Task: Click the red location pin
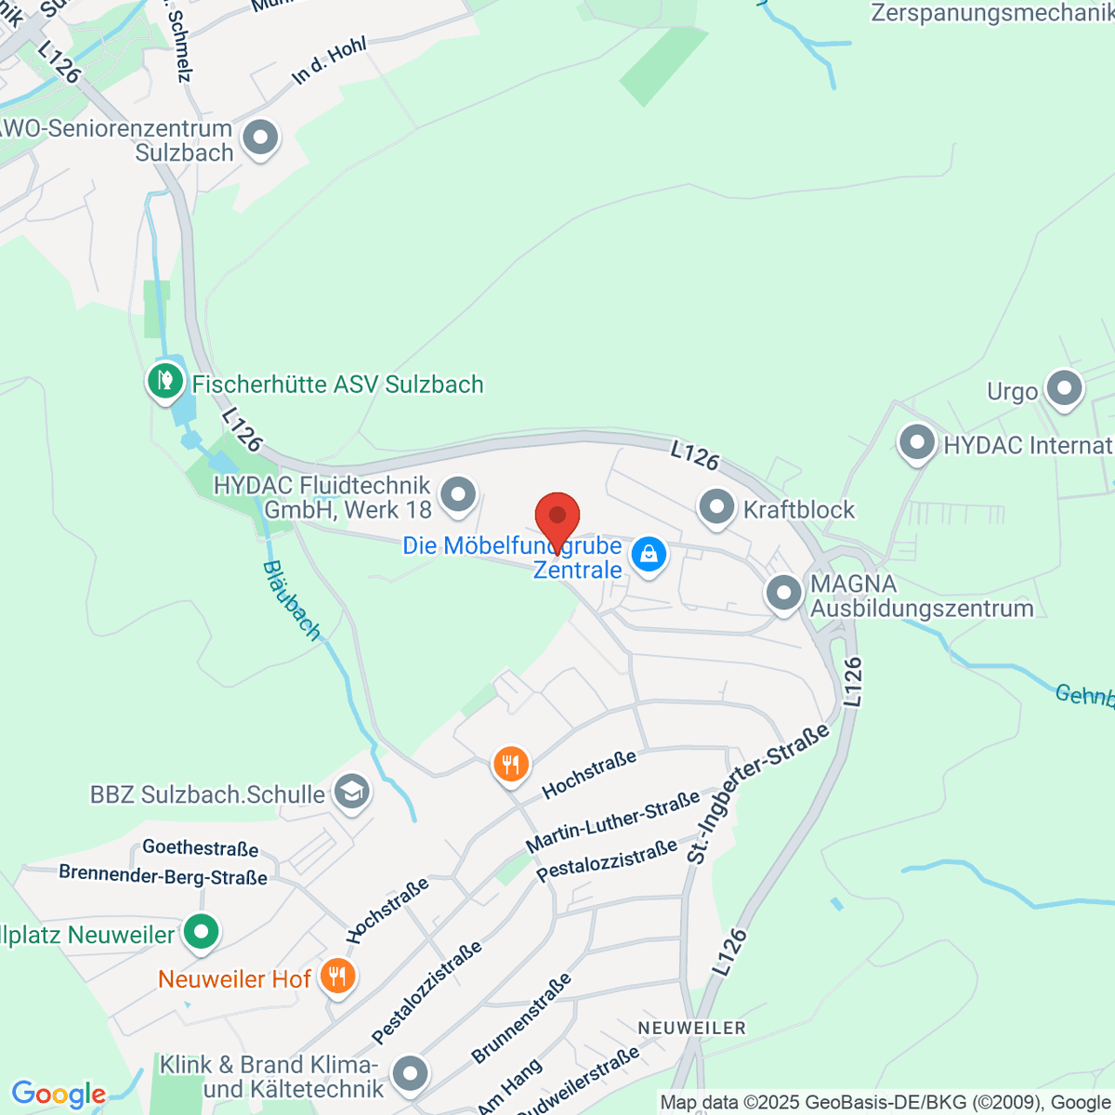[x=557, y=517]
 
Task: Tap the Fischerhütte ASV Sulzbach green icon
[x=165, y=381]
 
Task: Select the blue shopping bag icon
[x=648, y=556]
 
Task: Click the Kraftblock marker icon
[x=716, y=507]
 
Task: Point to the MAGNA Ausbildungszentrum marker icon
[x=784, y=593]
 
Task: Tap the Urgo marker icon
[x=1064, y=389]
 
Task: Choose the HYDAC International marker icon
[x=917, y=442]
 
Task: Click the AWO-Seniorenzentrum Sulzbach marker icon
[x=260, y=138]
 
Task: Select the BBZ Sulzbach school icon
[x=351, y=793]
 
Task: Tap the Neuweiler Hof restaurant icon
[x=337, y=977]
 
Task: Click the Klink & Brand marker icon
[x=409, y=1074]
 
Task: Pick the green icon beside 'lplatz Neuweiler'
[x=201, y=932]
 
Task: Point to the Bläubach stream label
[x=292, y=600]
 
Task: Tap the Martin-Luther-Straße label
[x=613, y=822]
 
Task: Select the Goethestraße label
[x=200, y=848]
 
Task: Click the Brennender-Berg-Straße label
[x=163, y=875]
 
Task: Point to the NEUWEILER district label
[x=692, y=1028]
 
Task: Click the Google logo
[x=59, y=1094]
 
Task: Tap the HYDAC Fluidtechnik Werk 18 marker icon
[x=457, y=495]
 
